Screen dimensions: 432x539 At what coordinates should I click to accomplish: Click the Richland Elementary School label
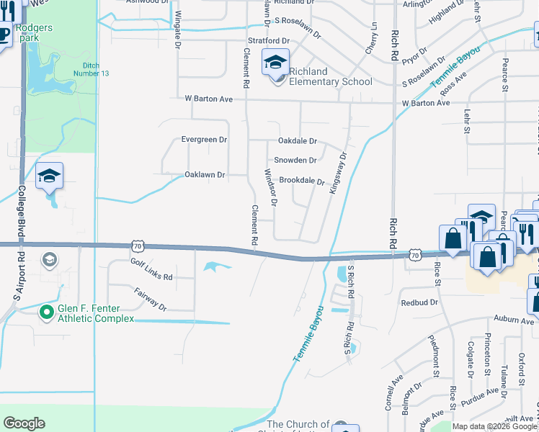(330, 76)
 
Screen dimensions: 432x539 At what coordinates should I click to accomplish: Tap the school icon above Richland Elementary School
(275, 63)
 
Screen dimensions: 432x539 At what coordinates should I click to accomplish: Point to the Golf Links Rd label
(151, 271)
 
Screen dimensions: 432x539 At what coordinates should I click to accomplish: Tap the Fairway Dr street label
(150, 298)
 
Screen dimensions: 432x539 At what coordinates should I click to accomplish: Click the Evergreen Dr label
(204, 139)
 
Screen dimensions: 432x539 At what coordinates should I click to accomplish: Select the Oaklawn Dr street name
(205, 174)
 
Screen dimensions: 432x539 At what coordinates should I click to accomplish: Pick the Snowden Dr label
(295, 160)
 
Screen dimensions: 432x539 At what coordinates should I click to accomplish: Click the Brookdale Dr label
(302, 181)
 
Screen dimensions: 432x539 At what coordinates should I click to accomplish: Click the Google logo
(24, 423)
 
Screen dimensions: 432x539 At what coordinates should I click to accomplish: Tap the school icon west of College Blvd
(50, 176)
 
